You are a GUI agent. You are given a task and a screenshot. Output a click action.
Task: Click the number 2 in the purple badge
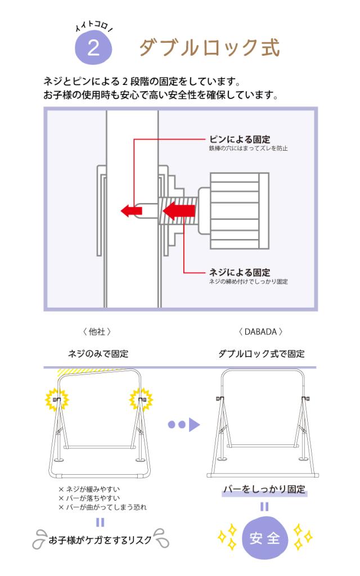coord(93,48)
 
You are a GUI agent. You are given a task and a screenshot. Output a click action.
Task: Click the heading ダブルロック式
coord(209,48)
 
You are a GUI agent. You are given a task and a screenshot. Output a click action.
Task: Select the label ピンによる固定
coord(239,139)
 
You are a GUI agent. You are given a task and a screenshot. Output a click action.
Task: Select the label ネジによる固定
coord(239,272)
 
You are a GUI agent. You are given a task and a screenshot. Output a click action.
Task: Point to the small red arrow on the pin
coord(131,210)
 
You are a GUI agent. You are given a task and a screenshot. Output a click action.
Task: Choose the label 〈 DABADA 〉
coord(260,331)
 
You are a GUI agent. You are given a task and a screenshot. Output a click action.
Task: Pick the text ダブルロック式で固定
coord(261,354)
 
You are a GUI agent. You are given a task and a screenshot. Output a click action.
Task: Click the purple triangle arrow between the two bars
coord(193,424)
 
